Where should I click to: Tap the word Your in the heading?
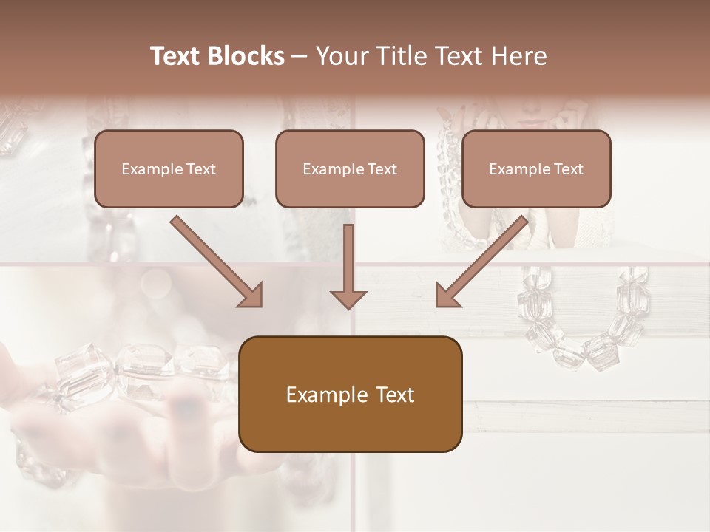[340, 56]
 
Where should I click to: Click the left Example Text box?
[169, 169]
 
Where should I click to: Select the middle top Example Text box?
[350, 169]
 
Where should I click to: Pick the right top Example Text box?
[536, 169]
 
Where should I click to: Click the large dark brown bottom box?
[350, 394]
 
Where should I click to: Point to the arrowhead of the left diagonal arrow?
[251, 296]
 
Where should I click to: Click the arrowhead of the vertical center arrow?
[348, 299]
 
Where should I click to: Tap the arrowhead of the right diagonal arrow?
[446, 296]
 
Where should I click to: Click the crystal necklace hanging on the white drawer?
[584, 325]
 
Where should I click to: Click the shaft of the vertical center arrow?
[348, 255]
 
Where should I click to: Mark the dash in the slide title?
[300, 57]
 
